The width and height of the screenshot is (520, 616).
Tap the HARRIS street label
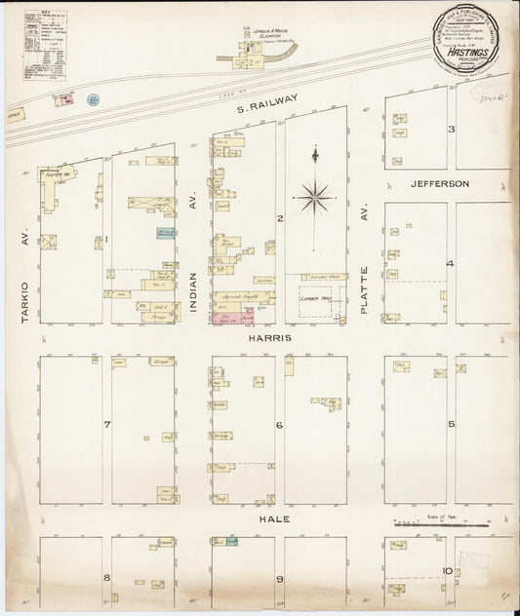270,338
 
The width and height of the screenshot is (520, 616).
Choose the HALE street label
270,522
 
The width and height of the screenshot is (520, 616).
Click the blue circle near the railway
94,99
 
